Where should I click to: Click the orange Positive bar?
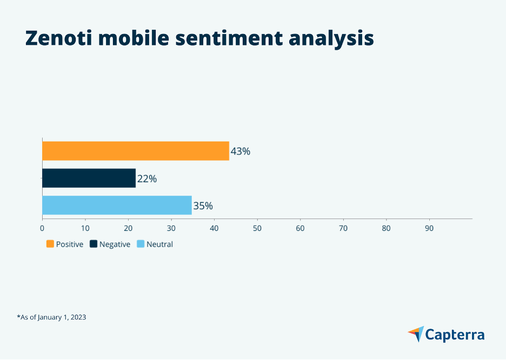(135, 151)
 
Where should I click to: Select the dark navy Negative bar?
(89, 178)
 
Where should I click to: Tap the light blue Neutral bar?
(117, 205)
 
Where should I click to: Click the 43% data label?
(241, 151)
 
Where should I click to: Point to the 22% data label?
(147, 178)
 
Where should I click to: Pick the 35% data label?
(203, 206)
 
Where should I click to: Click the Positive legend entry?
(65, 244)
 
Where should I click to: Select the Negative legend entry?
(110, 244)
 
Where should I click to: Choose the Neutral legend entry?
(155, 244)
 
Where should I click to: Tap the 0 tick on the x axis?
(42, 228)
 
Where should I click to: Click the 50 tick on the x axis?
(257, 228)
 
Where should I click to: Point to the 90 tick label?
(429, 228)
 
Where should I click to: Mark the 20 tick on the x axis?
(128, 228)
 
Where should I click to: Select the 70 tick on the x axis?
(343, 228)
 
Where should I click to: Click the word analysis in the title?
(331, 39)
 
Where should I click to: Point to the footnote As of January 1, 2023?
(51, 317)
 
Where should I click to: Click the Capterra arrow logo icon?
(416, 334)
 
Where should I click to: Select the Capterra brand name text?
(455, 335)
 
